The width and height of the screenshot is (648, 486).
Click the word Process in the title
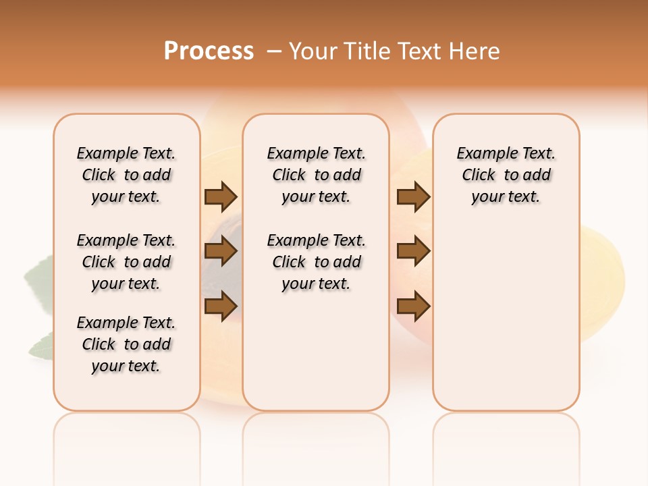pyautogui.click(x=209, y=51)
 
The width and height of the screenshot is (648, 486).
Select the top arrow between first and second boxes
pyautogui.click(x=221, y=196)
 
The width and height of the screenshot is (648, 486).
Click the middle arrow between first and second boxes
pyautogui.click(x=221, y=251)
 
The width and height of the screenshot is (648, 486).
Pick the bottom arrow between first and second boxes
pyautogui.click(x=221, y=306)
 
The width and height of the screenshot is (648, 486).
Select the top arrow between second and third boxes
pyautogui.click(x=413, y=196)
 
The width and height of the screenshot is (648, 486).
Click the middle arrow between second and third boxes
pyautogui.click(x=413, y=251)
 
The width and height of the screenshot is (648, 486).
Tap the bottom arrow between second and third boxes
pyautogui.click(x=413, y=306)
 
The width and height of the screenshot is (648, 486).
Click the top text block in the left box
pyautogui.click(x=126, y=175)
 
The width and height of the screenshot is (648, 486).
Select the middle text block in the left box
pyautogui.click(x=126, y=262)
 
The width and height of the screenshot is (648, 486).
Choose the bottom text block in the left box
pyautogui.click(x=126, y=344)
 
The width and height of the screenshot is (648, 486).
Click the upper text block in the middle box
pyautogui.click(x=316, y=175)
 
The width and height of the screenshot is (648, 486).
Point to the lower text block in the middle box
pyautogui.click(x=316, y=262)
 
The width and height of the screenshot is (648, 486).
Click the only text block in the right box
pyautogui.click(x=506, y=175)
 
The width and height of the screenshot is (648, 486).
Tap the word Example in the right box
pyautogui.click(x=482, y=154)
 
